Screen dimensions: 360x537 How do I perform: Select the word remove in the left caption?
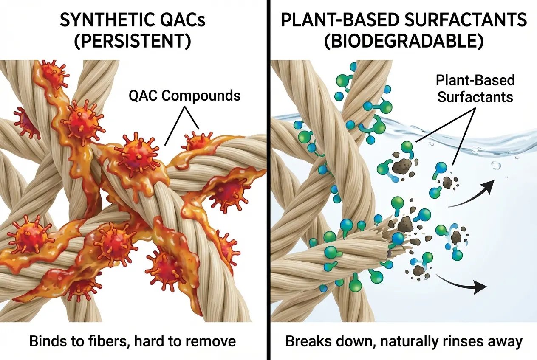pos(210,341)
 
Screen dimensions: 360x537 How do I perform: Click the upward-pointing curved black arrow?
pos(472,193)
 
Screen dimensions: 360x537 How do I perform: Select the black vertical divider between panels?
pos(268,180)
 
